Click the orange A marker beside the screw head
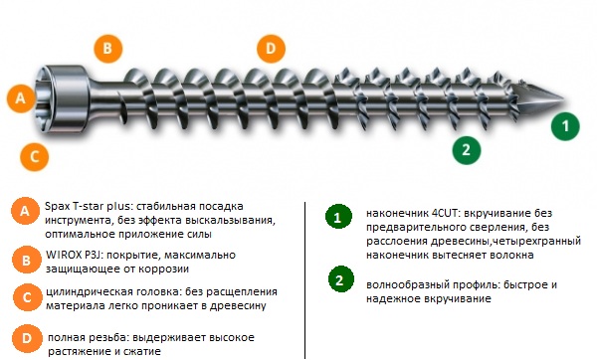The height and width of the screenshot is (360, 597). click(x=21, y=98)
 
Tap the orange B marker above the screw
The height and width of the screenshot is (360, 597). click(x=108, y=49)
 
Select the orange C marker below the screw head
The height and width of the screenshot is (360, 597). click(x=34, y=156)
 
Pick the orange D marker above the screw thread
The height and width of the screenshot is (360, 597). click(x=271, y=49)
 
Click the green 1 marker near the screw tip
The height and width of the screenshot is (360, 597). click(x=565, y=126)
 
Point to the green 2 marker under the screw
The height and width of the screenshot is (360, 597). click(x=467, y=150)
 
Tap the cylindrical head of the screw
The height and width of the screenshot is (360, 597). click(x=66, y=98)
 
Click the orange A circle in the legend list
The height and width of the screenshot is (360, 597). click(x=25, y=211)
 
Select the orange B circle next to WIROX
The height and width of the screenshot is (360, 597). click(x=26, y=260)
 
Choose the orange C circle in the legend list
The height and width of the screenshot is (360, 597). click(x=27, y=297)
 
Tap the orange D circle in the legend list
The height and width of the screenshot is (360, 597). click(x=27, y=338)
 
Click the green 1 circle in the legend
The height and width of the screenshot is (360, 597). click(x=338, y=217)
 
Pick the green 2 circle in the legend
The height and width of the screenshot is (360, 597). click(x=340, y=279)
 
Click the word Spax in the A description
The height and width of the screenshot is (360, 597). click(x=57, y=207)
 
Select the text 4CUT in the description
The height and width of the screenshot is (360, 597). click(x=446, y=213)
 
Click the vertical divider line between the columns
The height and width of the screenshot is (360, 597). click(x=305, y=279)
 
